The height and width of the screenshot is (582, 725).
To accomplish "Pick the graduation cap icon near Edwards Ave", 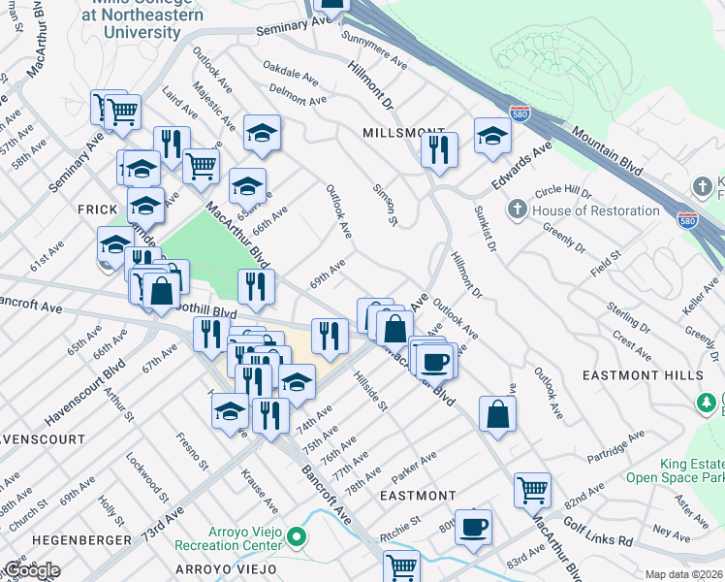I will click(492, 134).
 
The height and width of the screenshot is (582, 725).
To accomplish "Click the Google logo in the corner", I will click(31, 569).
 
